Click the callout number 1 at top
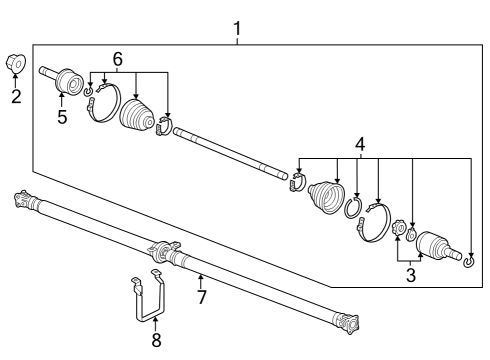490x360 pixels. pyautogui.click(x=237, y=28)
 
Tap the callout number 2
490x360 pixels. pyautogui.click(x=15, y=97)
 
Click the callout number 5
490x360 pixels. pyautogui.click(x=62, y=116)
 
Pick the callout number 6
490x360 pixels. pyautogui.click(x=118, y=60)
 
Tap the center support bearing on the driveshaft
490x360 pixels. pyautogui.click(x=160, y=250)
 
